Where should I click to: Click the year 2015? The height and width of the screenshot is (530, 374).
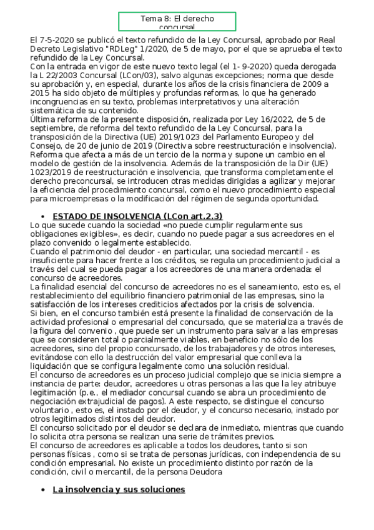[x=41, y=93]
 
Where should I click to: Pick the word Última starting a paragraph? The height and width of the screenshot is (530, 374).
[x=44, y=119]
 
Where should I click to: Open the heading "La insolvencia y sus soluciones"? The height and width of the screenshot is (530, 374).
[x=119, y=489]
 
